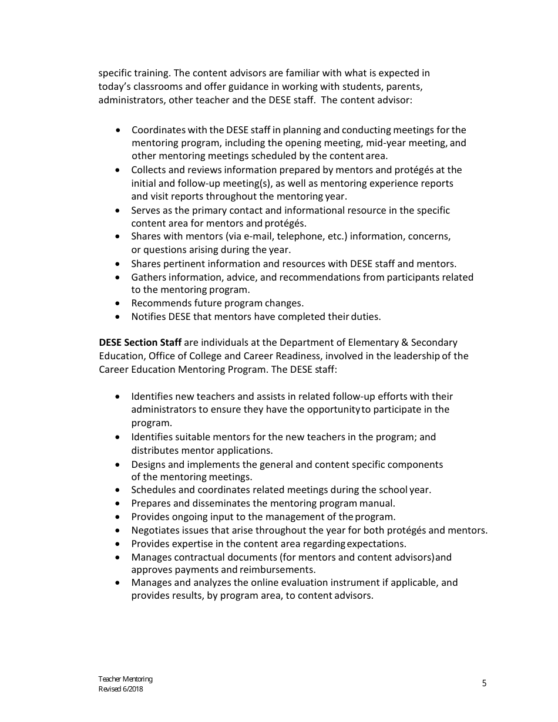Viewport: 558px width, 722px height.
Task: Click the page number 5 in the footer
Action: point(484,683)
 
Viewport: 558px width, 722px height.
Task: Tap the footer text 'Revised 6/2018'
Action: point(120,689)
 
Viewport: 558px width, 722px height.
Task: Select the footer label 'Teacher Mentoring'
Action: point(125,679)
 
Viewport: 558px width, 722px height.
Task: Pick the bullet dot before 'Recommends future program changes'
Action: point(119,303)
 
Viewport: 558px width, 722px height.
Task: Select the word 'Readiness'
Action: point(298,356)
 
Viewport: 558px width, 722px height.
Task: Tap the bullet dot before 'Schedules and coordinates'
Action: point(119,490)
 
